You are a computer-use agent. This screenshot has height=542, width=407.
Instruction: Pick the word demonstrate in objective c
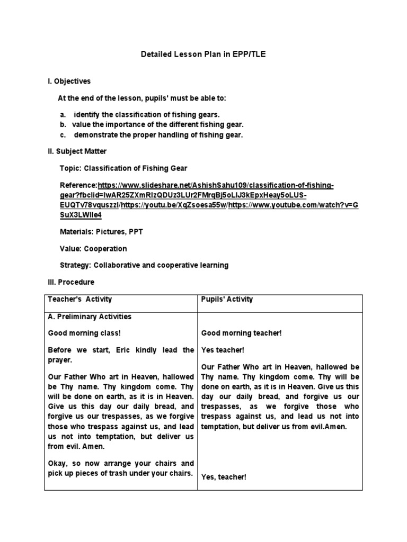coord(93,135)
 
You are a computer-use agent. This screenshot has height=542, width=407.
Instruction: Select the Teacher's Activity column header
coord(80,299)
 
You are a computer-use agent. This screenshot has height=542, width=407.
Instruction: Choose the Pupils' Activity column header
coord(227,299)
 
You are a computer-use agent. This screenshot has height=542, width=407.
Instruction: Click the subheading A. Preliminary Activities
coord(90,317)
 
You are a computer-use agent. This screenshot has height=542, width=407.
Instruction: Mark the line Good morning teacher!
coord(241,333)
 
